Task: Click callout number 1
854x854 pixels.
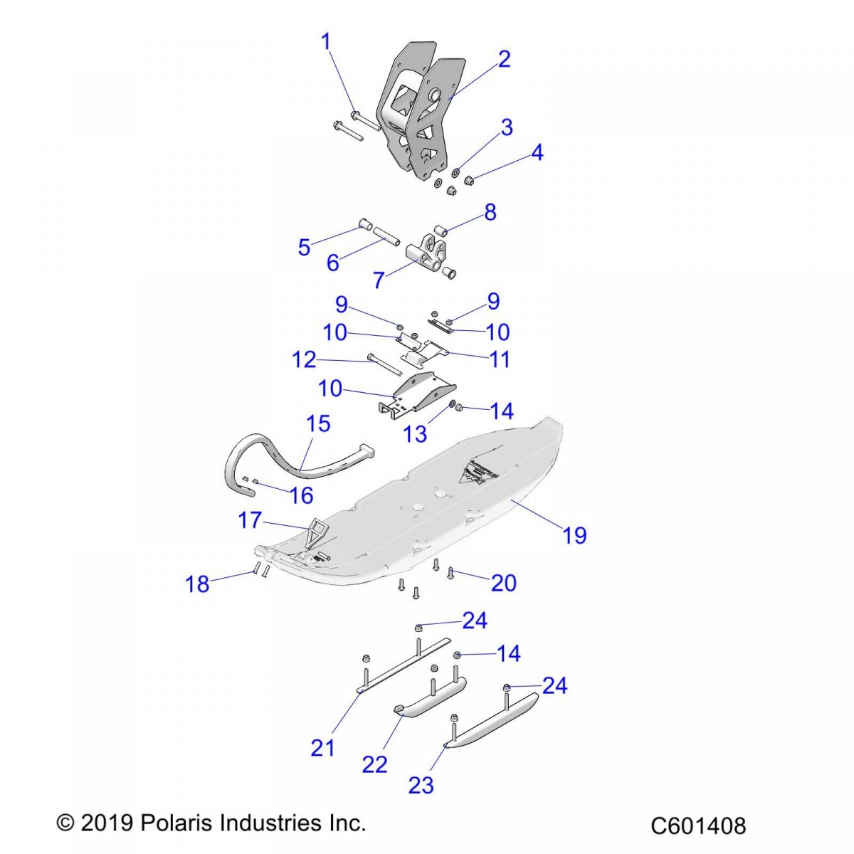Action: coord(326,43)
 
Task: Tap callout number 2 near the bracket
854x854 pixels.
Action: coord(504,59)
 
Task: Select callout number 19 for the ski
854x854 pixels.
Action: coord(574,534)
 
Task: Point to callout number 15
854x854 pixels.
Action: coord(318,424)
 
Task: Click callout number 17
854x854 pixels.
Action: coord(250,520)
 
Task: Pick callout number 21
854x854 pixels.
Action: coord(322,748)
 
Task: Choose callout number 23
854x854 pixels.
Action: coord(421,785)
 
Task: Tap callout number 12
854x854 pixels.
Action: coord(304,359)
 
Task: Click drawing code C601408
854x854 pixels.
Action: coord(697,826)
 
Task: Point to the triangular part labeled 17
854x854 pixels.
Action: coord(315,530)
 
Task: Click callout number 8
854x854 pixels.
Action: coord(490,212)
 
